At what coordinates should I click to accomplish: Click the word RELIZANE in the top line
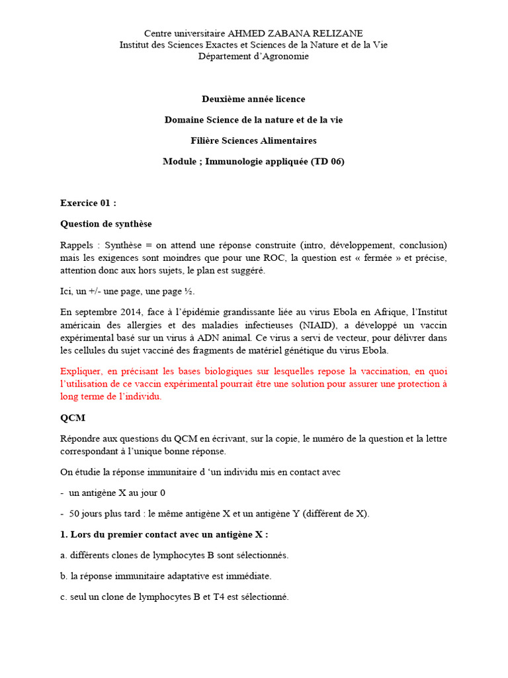pos(334,33)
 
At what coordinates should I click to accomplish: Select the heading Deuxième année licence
pos(253,99)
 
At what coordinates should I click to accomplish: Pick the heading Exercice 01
pos(88,203)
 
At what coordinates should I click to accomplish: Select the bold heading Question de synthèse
pos(106,224)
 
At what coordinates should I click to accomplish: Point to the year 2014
pos(134,312)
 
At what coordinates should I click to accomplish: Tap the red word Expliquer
pos(83,371)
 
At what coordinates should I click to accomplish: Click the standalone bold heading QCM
pos(72,418)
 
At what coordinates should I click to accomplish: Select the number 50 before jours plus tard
pos(75,513)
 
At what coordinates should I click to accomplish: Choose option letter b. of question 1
pos(64,576)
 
